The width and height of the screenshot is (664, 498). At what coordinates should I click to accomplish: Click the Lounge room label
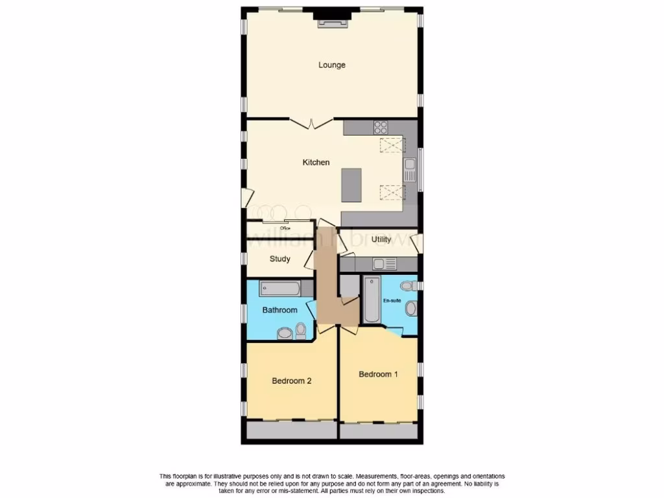[331, 65]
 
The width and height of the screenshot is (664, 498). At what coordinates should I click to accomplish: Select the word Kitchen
[316, 162]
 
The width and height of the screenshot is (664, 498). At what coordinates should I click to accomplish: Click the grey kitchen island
[351, 186]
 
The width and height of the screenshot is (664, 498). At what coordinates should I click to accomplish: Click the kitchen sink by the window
[409, 171]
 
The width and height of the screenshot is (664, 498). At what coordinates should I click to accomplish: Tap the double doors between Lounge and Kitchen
[311, 123]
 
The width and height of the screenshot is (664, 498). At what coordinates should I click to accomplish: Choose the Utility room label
[382, 239]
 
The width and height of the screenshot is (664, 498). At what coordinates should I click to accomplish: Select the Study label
[279, 259]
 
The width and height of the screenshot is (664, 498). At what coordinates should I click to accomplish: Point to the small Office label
[285, 228]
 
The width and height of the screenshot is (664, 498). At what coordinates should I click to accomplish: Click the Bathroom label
[279, 310]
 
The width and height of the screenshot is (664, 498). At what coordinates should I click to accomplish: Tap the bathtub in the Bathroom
[279, 289]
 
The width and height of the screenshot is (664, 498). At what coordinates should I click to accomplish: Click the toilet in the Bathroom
[300, 333]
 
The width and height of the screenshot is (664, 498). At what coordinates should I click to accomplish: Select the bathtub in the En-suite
[372, 300]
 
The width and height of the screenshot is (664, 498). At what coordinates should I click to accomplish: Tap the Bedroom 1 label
[378, 374]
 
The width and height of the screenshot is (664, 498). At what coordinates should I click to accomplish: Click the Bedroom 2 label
[291, 381]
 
